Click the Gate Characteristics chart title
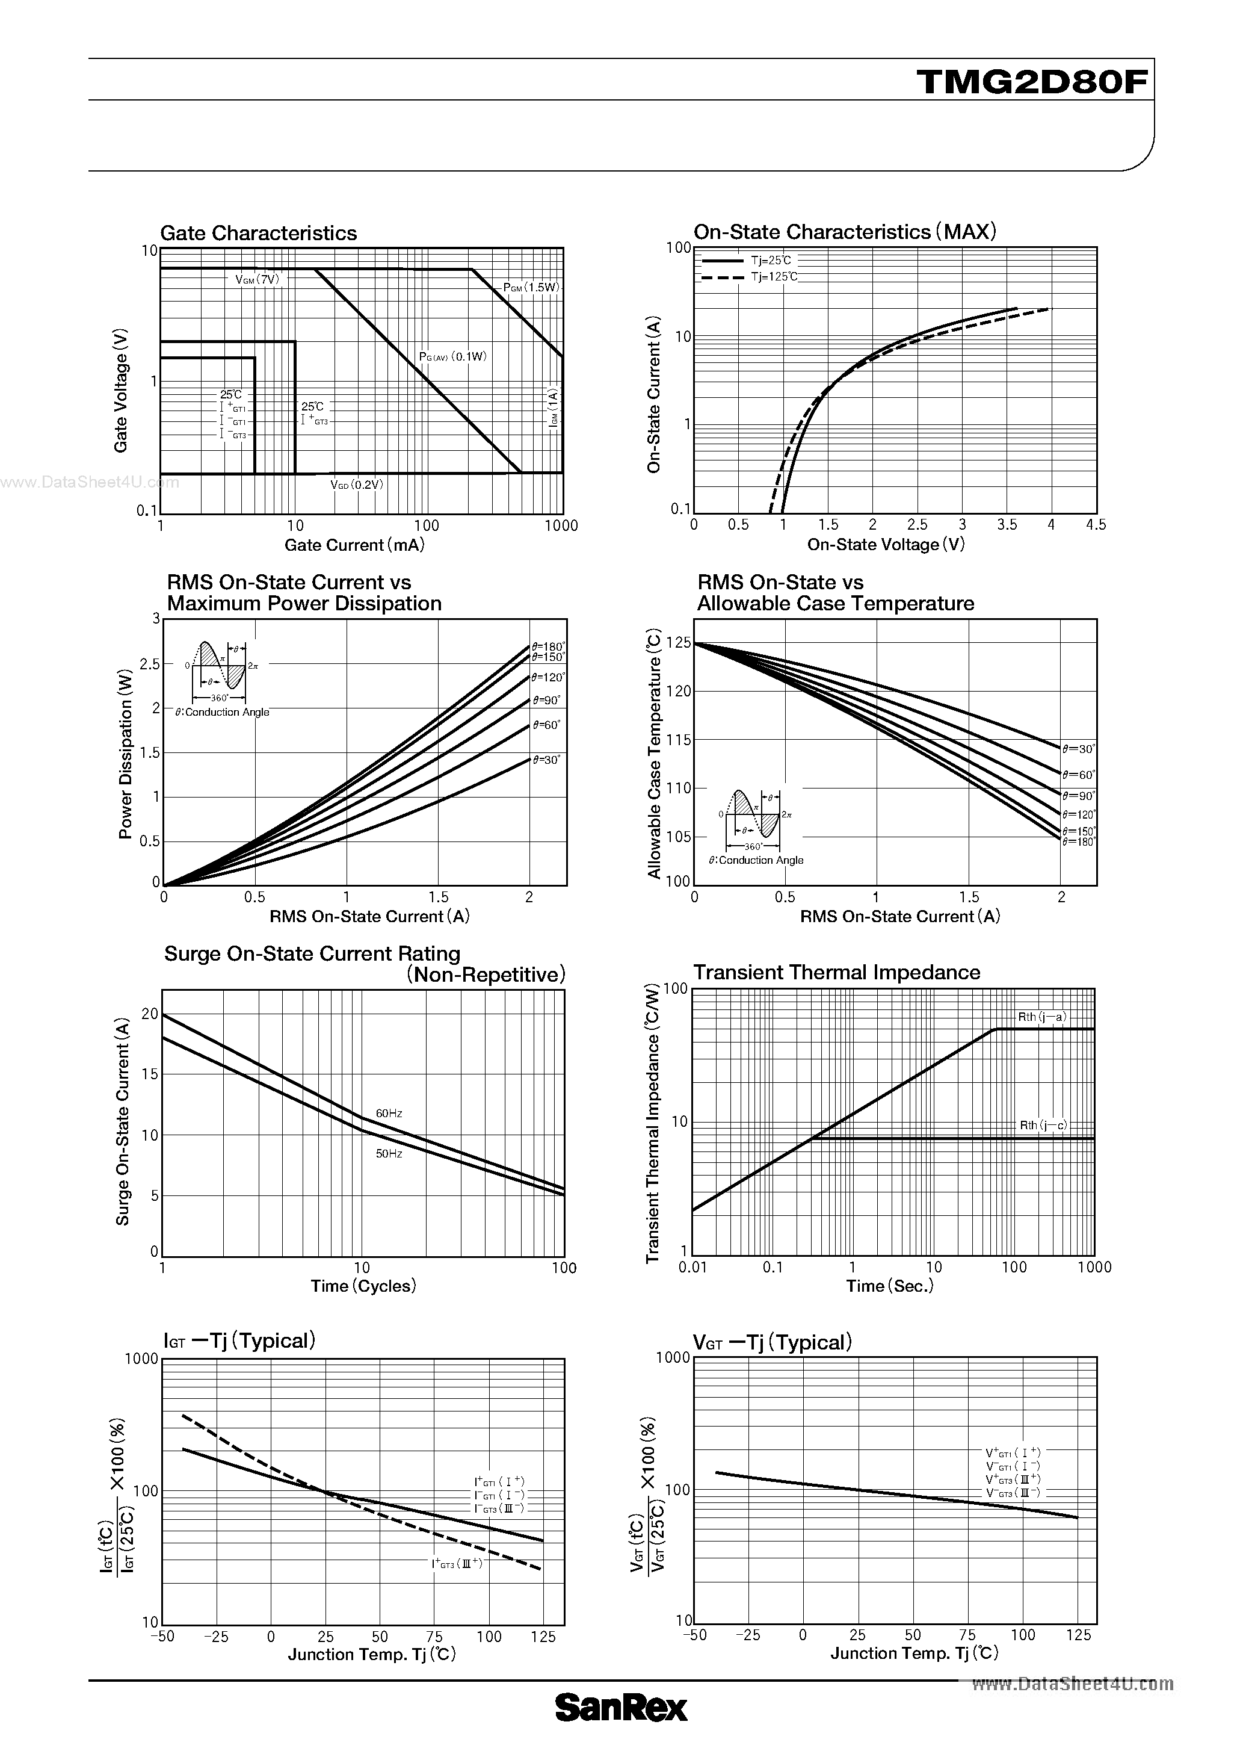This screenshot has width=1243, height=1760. [258, 233]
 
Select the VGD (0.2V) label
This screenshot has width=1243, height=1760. [356, 485]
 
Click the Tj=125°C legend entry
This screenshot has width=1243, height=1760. [774, 277]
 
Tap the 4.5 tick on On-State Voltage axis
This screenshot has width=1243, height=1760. [1096, 525]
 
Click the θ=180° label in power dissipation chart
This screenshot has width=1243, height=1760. [548, 646]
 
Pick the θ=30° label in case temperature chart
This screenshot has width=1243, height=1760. [1079, 749]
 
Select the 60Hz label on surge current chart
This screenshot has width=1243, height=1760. [389, 1113]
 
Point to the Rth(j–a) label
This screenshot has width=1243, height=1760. [1042, 1017]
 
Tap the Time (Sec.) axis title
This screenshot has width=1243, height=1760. [890, 1286]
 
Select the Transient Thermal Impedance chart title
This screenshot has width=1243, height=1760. [836, 972]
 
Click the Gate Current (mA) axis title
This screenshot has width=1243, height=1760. [354, 545]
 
